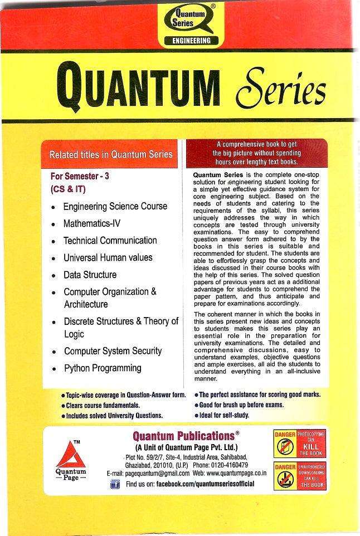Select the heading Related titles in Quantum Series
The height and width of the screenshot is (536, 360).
111,154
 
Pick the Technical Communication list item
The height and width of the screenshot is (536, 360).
110,241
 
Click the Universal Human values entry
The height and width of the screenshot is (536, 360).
108,258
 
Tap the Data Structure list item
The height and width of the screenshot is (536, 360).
90,275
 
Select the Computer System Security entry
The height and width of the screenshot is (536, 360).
113,351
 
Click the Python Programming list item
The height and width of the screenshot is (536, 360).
102,368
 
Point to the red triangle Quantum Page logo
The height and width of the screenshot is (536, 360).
74,452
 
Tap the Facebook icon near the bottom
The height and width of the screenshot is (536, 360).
115,485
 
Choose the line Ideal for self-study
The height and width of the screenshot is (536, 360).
225,415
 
